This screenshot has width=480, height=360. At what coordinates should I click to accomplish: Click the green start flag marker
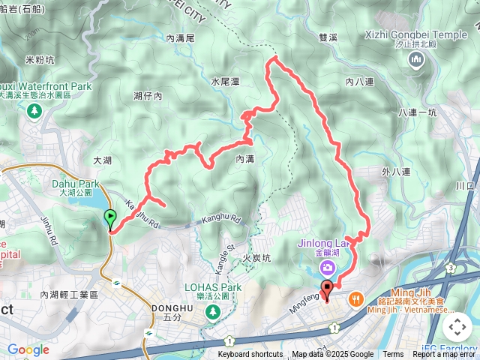(110, 219)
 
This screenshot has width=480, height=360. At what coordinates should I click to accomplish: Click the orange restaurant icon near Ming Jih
(355, 298)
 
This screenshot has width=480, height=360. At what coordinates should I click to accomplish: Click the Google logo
(28, 349)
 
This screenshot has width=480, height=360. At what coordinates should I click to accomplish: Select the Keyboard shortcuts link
(250, 355)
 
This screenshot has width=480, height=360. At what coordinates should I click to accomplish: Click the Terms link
(393, 355)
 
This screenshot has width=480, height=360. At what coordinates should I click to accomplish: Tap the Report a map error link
(444, 355)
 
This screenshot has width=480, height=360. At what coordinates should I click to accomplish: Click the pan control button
(457, 327)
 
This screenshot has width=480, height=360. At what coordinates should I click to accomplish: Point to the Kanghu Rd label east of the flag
(223, 220)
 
